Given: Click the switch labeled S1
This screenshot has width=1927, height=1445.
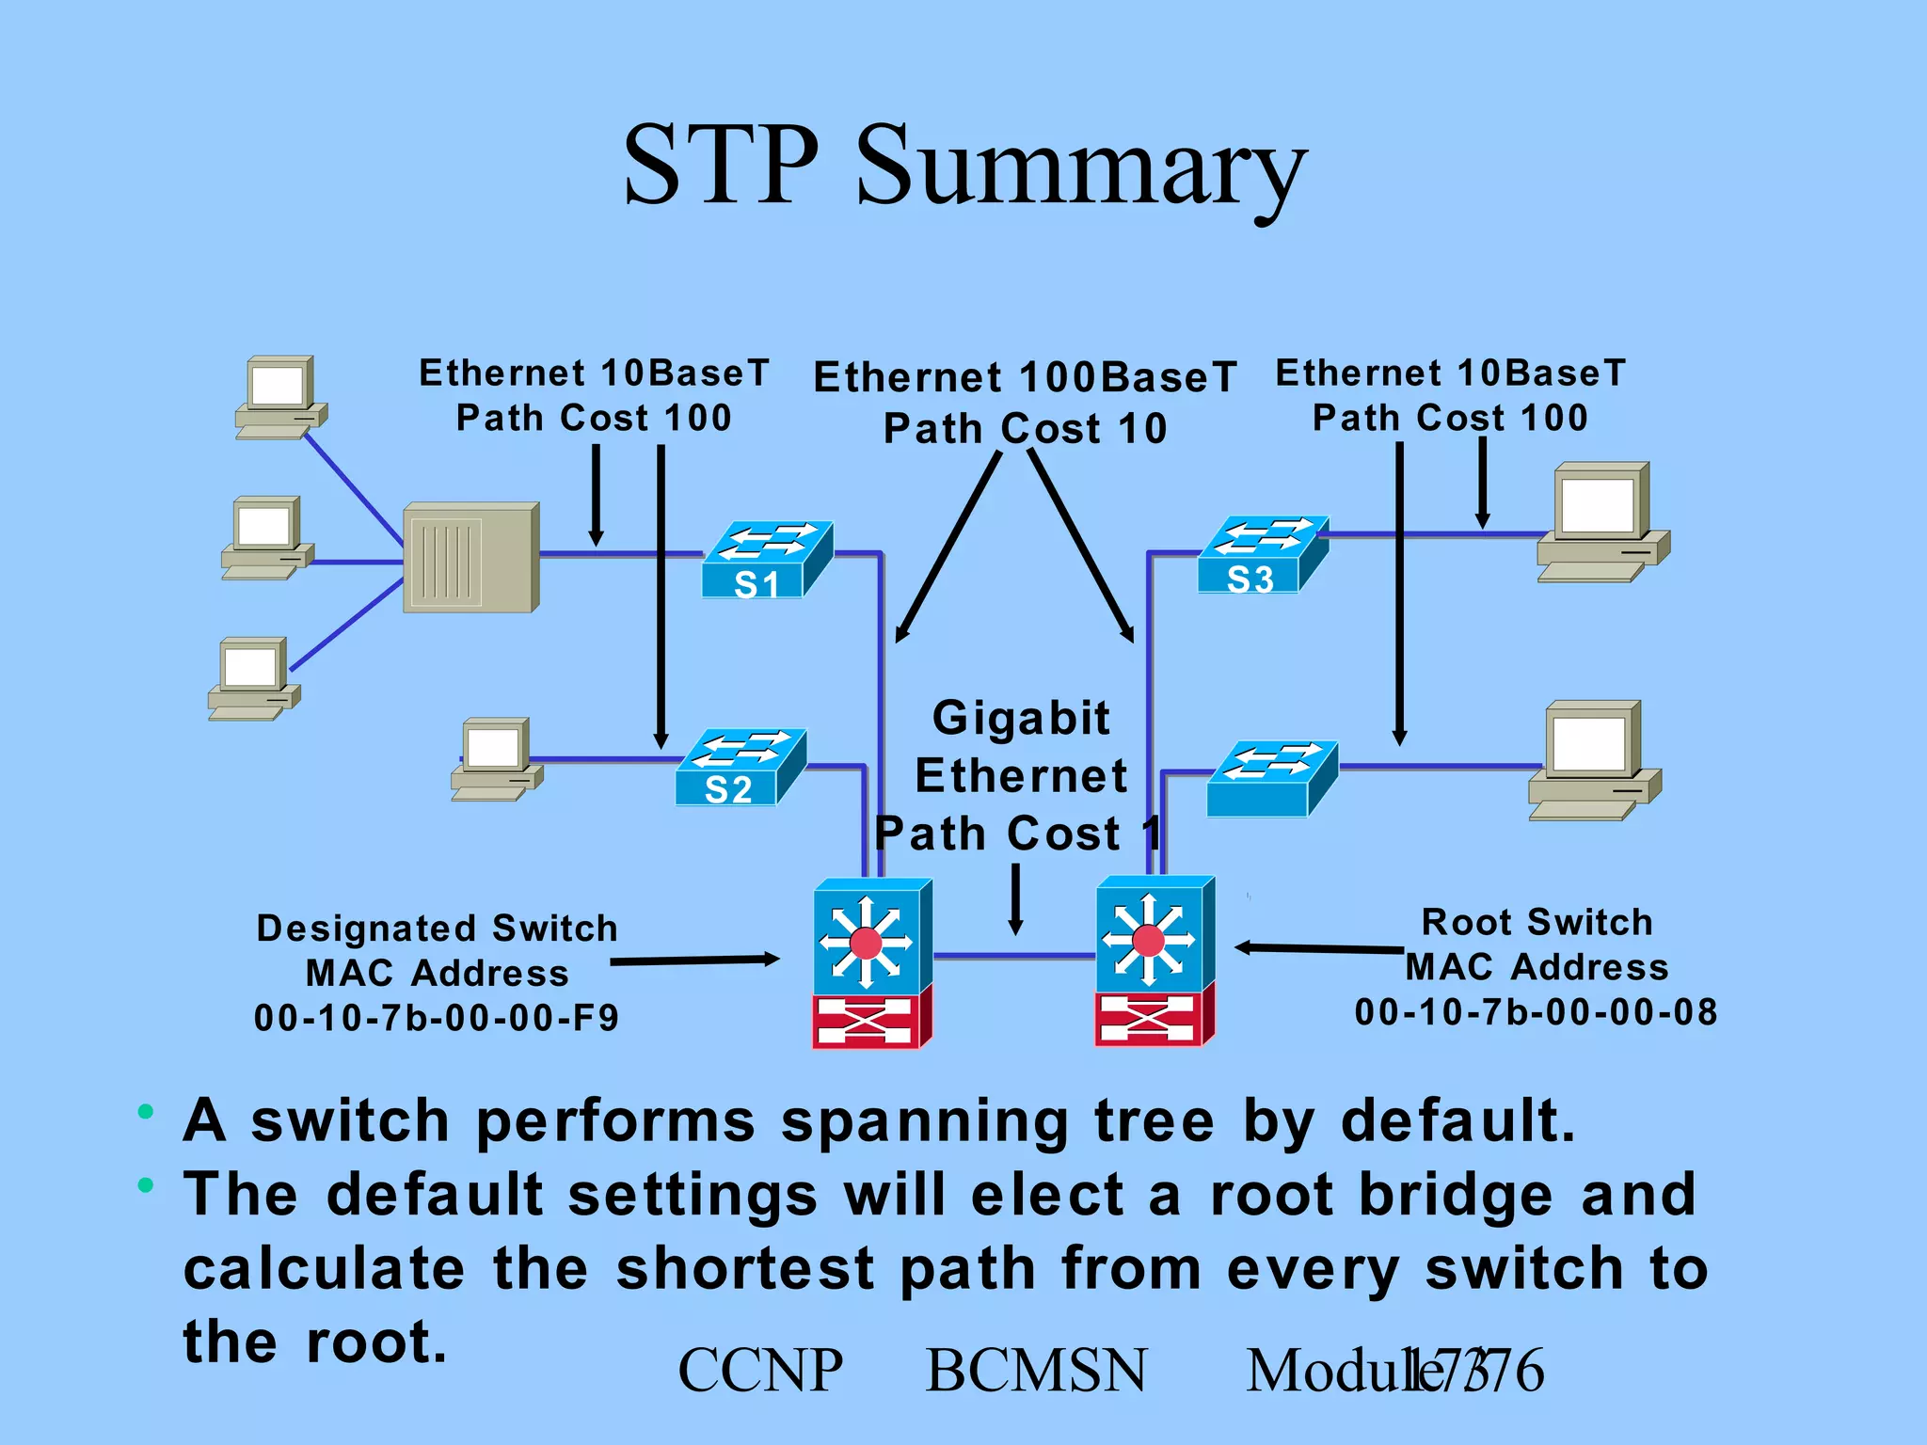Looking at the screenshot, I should click(x=767, y=561).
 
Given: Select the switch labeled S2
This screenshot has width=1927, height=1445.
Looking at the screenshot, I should click(x=741, y=768).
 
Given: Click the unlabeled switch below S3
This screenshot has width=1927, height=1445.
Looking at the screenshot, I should click(x=1271, y=779).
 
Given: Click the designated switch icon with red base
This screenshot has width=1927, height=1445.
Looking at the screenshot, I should click(x=871, y=961).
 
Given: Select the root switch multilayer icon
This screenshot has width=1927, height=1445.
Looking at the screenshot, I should click(x=1155, y=960).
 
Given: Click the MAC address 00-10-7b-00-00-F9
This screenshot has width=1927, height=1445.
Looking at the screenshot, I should click(x=437, y=1018).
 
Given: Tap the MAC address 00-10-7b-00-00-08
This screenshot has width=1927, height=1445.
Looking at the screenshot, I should click(x=1536, y=1012).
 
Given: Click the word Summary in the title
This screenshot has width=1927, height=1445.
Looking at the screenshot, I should click(x=1080, y=167).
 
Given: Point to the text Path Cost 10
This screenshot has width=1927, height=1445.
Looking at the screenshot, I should click(x=1025, y=429).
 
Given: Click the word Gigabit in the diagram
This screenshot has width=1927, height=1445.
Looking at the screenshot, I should click(x=1021, y=718).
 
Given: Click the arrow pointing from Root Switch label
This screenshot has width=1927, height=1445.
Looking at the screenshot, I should click(x=1317, y=948).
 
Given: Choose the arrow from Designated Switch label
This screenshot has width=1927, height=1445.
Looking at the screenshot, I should click(x=694, y=961).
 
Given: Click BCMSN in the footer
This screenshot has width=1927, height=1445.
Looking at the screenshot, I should click(x=1036, y=1370).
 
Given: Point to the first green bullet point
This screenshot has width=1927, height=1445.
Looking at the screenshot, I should click(x=145, y=1112).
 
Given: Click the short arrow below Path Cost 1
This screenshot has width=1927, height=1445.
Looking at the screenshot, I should click(x=1015, y=899).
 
